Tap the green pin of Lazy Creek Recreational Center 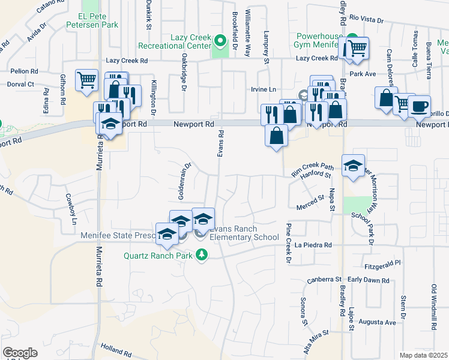pos(220,41)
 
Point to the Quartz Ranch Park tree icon pos(202,255)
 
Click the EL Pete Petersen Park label pos(99,20)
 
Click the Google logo pos(20,353)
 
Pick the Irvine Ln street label pos(264,89)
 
